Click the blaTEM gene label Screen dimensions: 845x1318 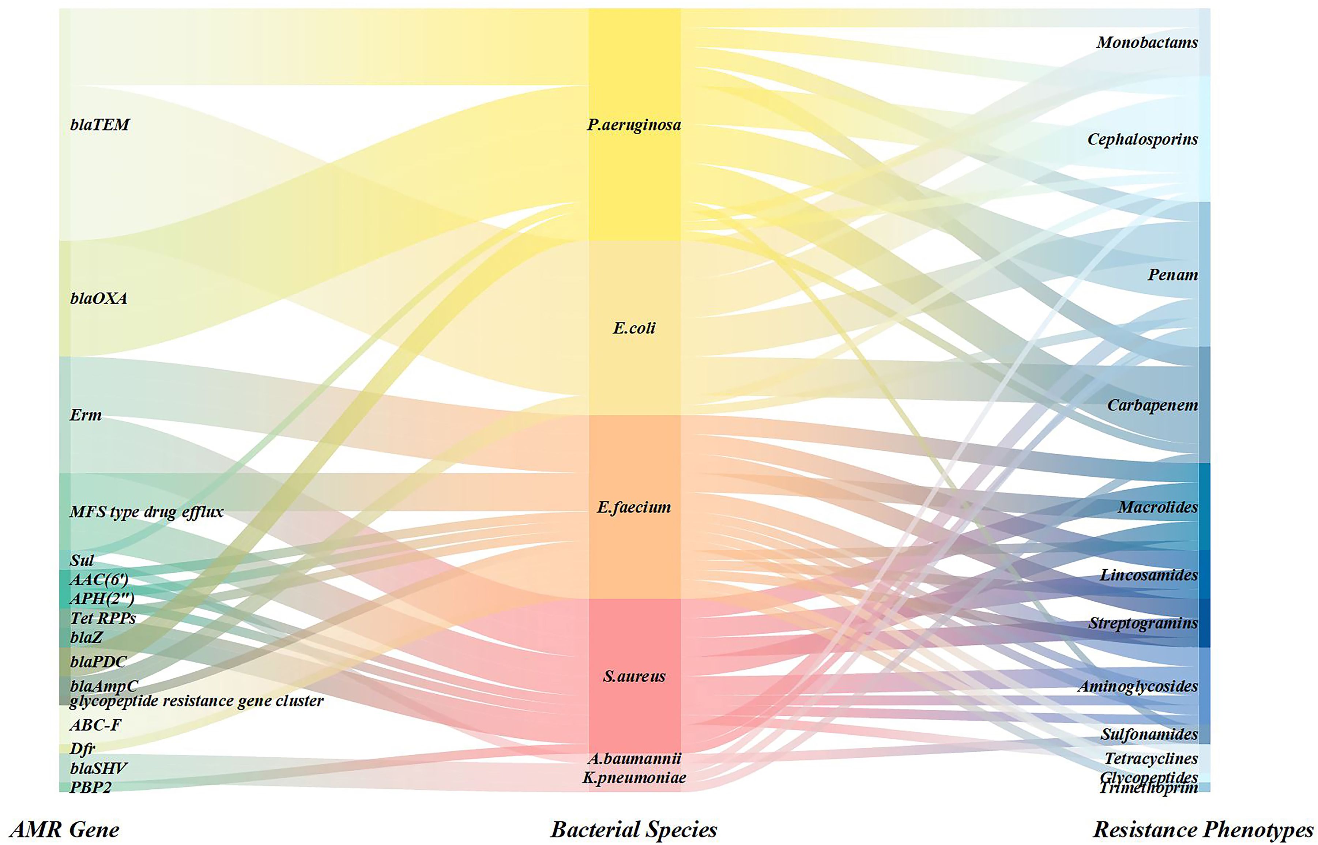(x=100, y=125)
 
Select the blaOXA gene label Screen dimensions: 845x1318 (x=99, y=298)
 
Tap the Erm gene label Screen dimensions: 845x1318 (x=86, y=414)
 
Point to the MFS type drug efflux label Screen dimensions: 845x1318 (x=147, y=512)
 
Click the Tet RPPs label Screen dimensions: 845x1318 (x=103, y=618)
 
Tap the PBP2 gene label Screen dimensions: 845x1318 (x=91, y=787)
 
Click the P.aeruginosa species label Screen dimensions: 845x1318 (x=634, y=125)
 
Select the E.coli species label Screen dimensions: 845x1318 (x=634, y=328)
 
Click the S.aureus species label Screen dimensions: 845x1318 (x=634, y=676)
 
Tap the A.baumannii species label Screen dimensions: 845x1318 (x=634, y=758)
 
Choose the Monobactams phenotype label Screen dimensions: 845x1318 (x=1147, y=42)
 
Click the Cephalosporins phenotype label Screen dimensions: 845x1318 (x=1142, y=139)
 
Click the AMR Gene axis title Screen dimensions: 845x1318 (x=65, y=829)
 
